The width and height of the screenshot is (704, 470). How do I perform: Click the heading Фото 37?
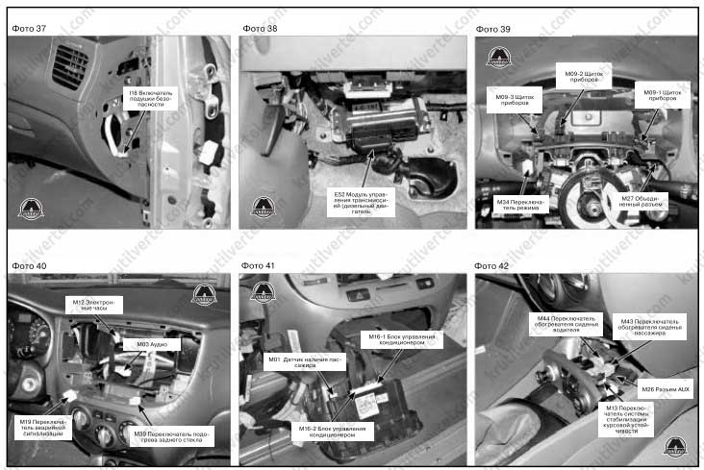pyautogui.click(x=29, y=28)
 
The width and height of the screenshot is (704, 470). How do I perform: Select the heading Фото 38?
pyautogui.click(x=259, y=28)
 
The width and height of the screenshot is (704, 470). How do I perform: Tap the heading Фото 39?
pyautogui.click(x=492, y=28)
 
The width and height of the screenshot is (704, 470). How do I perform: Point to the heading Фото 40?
pyautogui.click(x=29, y=264)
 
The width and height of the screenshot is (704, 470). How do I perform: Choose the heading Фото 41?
pyautogui.click(x=259, y=264)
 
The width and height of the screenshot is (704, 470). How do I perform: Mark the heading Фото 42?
pyautogui.click(x=492, y=264)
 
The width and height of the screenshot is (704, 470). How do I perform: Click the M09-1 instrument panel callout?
pyautogui.click(x=660, y=95)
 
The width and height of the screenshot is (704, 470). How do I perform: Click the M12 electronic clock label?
pyautogui.click(x=94, y=305)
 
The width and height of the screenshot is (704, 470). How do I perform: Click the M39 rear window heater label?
pyautogui.click(x=173, y=436)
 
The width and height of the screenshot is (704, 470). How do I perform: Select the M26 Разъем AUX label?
pyautogui.click(x=665, y=388)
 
